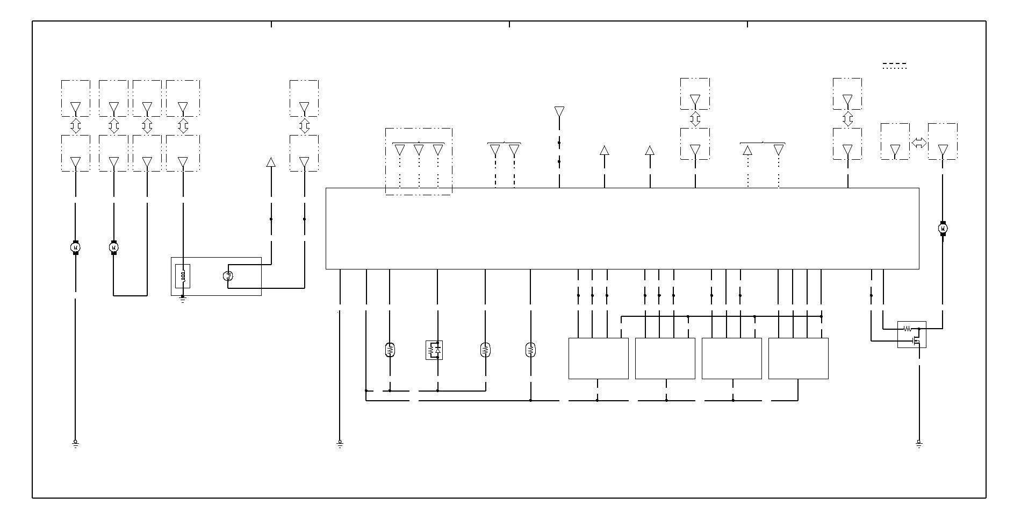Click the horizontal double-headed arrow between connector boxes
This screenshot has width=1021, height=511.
919,143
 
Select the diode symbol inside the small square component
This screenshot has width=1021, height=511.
438,350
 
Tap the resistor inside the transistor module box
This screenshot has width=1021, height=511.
907,328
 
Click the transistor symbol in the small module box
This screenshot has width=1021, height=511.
916,340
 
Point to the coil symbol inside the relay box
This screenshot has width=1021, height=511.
183,276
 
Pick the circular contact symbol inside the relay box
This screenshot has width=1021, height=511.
227,276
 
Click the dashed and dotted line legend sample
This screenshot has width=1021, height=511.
895,66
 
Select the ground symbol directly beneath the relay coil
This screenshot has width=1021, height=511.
183,299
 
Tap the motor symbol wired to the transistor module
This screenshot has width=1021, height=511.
943,229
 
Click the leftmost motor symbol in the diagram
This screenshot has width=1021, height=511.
75,247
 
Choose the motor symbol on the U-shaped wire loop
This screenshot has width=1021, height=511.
113,247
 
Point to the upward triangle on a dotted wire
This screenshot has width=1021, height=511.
747,151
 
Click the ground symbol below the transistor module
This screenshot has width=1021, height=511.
919,444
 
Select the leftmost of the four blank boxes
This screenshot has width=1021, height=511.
598,358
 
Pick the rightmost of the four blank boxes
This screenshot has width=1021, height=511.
798,358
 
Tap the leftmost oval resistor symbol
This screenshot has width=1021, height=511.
390,350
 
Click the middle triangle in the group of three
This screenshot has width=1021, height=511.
419,150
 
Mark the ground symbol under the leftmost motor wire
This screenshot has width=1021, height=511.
75,444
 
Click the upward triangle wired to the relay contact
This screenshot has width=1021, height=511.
271,162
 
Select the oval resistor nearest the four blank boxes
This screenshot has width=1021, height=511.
530,350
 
